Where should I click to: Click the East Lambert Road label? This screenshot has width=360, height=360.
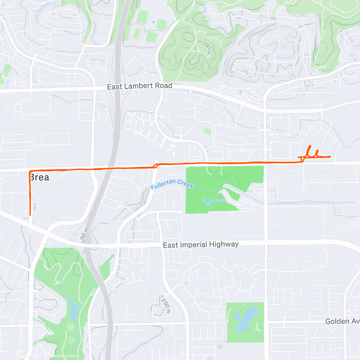click(139, 86)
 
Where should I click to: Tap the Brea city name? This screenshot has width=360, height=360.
click(39, 177)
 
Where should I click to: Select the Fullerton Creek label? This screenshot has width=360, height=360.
click(172, 184)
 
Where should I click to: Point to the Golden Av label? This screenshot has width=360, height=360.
click(342, 321)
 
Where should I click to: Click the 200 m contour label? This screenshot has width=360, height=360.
click(206, 48)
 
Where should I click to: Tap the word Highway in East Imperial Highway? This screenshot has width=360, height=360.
click(224, 244)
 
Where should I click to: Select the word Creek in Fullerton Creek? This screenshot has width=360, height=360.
click(185, 184)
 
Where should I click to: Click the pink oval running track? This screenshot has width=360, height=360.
click(137, 34)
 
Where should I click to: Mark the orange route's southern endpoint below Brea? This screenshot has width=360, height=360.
click(30, 214)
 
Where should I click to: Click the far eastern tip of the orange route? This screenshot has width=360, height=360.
click(330, 157)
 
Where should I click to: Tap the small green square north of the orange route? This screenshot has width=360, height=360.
click(207, 131)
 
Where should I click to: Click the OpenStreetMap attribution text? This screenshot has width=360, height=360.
click(63, 356)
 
